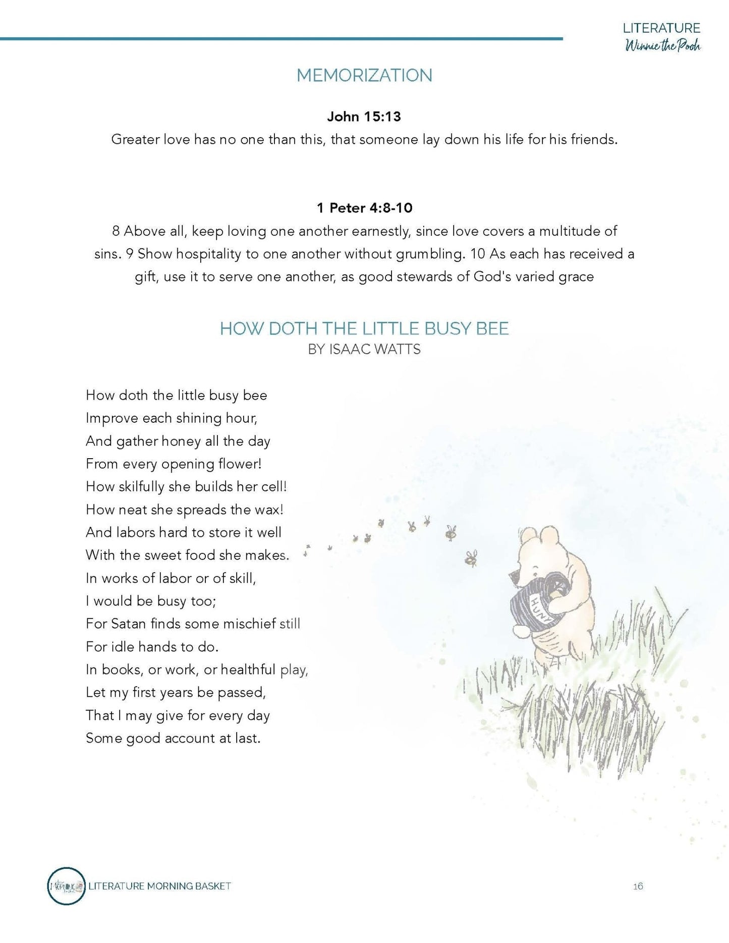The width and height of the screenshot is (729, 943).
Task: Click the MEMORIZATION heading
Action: coord(364,75)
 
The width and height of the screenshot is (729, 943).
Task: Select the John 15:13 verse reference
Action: coord(364,117)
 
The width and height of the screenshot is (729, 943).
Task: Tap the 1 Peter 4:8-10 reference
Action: coord(364,208)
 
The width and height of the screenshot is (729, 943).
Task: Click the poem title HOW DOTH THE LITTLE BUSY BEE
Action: coord(364,328)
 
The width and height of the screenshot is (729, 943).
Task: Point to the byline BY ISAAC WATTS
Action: coord(364,349)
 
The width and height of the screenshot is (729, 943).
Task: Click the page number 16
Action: coord(638,886)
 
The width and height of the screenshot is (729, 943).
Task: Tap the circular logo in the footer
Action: coord(67,886)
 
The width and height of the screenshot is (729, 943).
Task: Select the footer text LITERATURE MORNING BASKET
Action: coord(159,886)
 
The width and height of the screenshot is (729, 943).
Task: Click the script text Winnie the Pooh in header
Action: coord(663,46)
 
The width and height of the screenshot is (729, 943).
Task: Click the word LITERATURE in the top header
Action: coord(661,28)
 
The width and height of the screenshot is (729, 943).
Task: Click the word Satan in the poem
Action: coord(129,624)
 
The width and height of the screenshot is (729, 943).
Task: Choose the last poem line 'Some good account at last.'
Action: coord(173,738)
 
